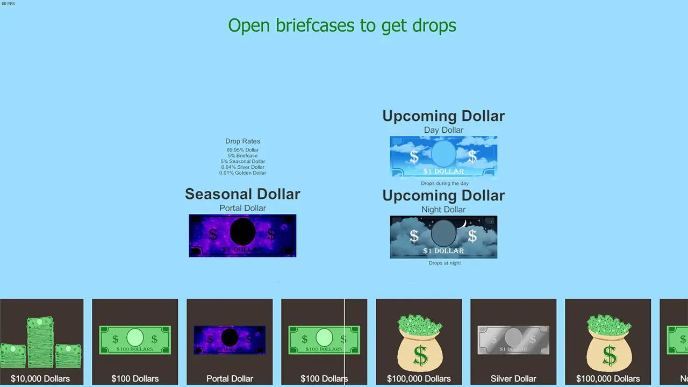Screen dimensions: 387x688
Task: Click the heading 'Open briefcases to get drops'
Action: click(342, 25)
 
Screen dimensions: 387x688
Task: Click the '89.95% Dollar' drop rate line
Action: click(242, 150)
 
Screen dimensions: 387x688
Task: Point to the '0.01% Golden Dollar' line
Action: click(242, 173)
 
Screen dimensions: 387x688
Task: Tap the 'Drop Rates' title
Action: click(242, 141)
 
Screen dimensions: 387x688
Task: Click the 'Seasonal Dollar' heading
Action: click(242, 194)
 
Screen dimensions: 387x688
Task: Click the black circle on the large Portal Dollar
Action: click(242, 232)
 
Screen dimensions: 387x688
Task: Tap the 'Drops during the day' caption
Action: click(444, 183)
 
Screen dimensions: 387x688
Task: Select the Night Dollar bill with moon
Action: click(443, 237)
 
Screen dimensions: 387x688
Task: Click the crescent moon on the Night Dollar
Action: click(462, 223)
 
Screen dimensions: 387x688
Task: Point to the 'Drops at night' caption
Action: click(445, 263)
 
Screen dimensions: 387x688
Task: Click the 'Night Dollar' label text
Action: click(443, 210)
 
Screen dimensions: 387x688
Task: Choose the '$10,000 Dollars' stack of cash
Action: click(41, 342)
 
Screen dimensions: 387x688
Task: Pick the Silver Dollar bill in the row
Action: click(513, 340)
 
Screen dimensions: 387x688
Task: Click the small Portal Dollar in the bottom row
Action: click(230, 340)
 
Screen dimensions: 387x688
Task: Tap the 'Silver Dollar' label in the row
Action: click(513, 378)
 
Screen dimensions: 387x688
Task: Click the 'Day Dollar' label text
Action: click(443, 130)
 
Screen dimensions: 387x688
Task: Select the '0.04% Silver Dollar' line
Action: click(242, 167)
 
